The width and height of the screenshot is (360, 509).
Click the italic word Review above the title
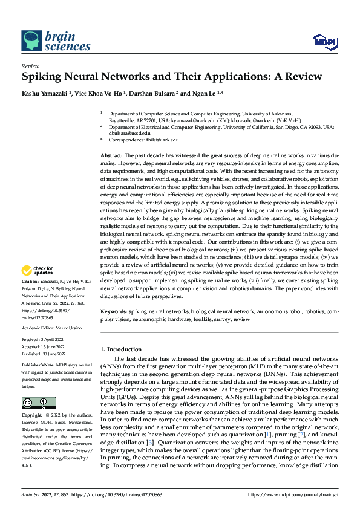(30, 67)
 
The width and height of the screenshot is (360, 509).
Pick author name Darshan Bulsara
(149, 94)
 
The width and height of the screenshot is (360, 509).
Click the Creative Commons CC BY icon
(38, 404)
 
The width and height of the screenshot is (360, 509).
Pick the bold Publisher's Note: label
(38, 366)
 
